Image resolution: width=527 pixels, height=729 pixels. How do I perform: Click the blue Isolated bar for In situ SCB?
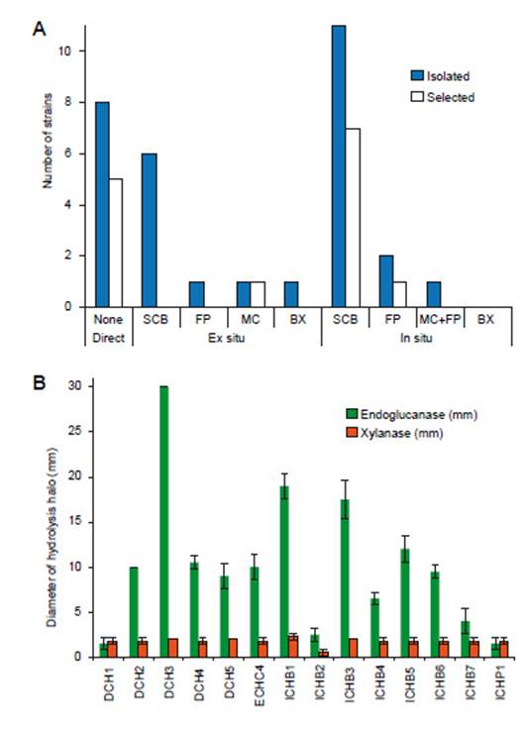pyautogui.click(x=338, y=166)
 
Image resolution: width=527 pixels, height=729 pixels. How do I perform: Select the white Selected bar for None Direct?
pyautogui.click(x=116, y=243)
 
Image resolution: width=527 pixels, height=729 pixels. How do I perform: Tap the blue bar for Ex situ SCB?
pyautogui.click(x=149, y=231)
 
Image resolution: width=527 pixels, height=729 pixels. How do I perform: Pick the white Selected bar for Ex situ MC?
pyautogui.click(x=259, y=294)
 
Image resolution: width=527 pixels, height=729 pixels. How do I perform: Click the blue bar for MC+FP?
pyautogui.click(x=434, y=294)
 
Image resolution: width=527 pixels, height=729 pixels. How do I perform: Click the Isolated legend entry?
pyautogui.click(x=440, y=76)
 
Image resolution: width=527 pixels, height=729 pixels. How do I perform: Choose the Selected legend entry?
pyautogui.click(x=443, y=97)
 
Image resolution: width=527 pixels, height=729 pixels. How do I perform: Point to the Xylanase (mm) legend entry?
pyautogui.click(x=395, y=433)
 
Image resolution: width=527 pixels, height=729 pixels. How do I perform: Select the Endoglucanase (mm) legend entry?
pyautogui.click(x=412, y=414)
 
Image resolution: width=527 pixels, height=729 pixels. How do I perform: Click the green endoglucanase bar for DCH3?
pyautogui.click(x=163, y=522)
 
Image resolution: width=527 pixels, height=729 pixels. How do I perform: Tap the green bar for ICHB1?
pyautogui.click(x=284, y=572)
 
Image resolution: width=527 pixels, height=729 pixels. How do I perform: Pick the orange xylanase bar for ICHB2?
pyautogui.click(x=323, y=654)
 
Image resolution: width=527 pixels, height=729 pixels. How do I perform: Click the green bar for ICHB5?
pyautogui.click(x=405, y=603)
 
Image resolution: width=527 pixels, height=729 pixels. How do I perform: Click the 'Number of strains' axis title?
pyautogui.click(x=48, y=141)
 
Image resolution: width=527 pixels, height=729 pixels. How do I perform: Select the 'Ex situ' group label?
pyautogui.click(x=227, y=338)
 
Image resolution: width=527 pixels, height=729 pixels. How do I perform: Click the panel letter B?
pyautogui.click(x=39, y=383)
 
